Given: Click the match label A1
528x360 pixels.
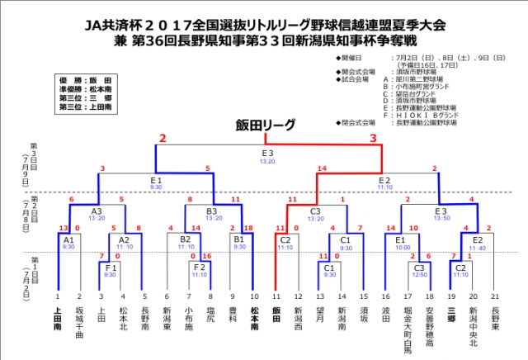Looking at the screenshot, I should [69, 239].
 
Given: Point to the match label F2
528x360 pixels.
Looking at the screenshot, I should [200, 267].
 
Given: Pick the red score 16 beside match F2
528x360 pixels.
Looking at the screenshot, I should [210, 256].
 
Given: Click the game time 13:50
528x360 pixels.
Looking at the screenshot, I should [441, 218].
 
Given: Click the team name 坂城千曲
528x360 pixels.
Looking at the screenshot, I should [80, 322].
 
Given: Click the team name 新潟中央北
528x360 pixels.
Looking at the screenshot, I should [472, 325].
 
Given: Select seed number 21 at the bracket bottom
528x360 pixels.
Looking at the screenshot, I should [493, 295].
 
